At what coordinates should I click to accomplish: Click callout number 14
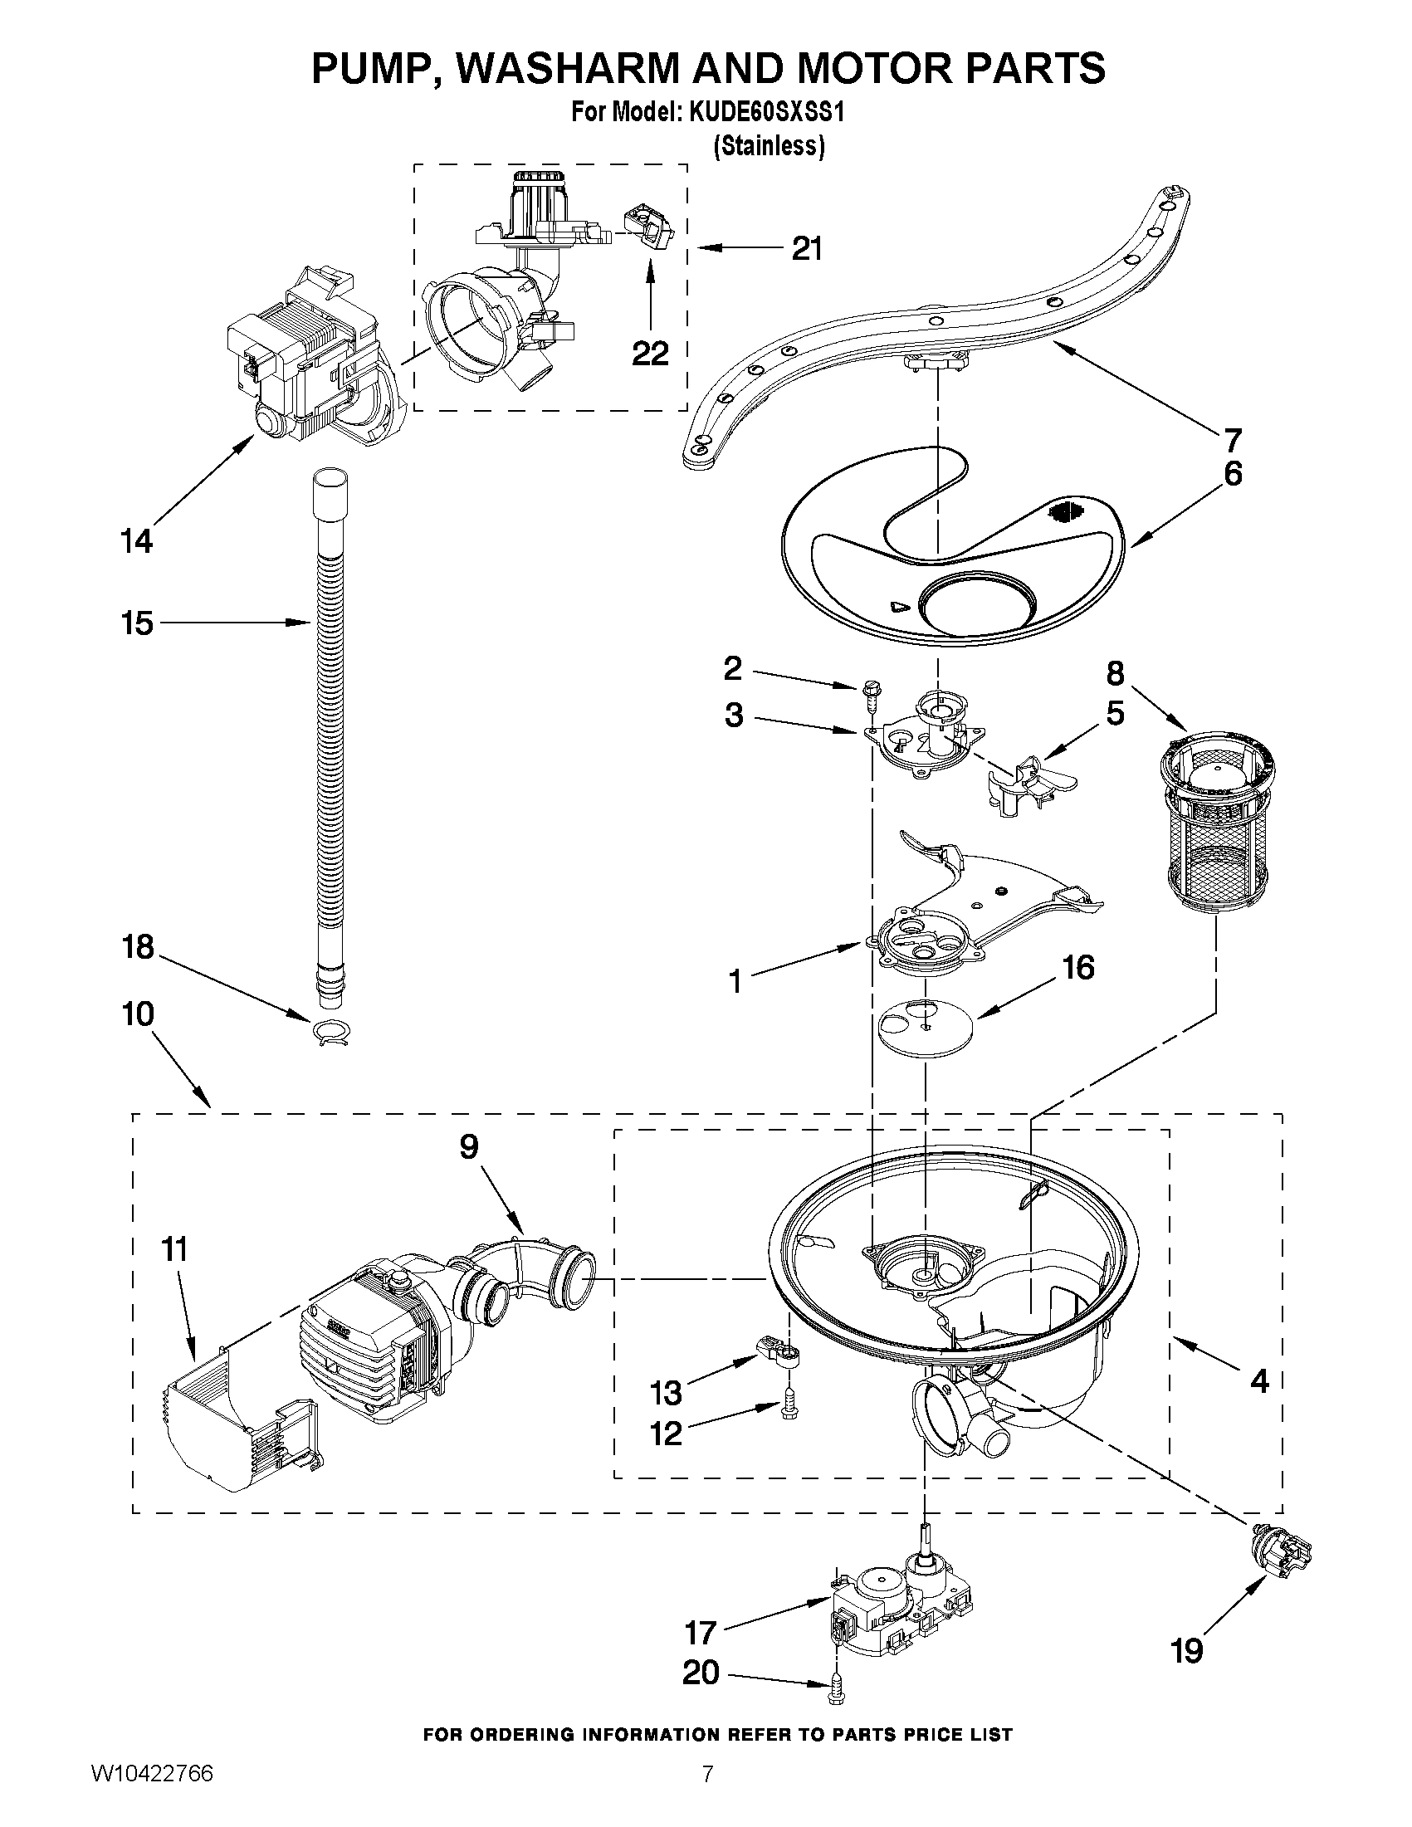(137, 541)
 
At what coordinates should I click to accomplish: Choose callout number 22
(650, 354)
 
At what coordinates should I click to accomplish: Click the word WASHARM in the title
(564, 68)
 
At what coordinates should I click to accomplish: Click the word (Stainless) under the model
(769, 145)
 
